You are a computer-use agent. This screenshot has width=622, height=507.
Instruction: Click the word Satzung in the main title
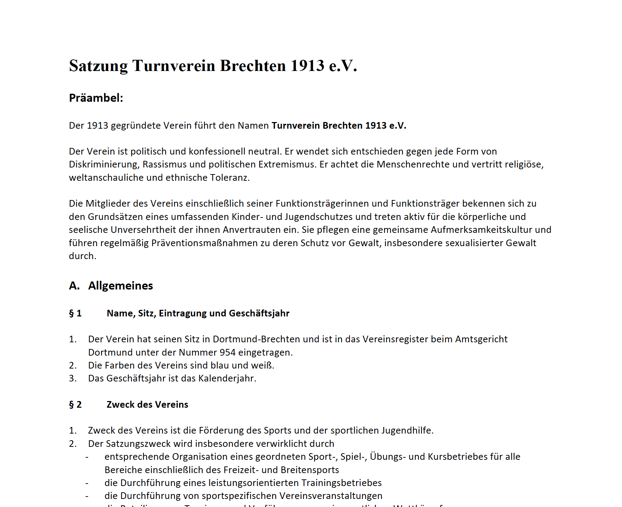pos(98,66)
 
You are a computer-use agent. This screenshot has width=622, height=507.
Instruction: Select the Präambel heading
pos(96,98)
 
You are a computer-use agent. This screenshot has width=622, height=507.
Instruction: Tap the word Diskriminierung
pos(103,164)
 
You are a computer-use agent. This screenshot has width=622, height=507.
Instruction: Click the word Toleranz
pos(229,178)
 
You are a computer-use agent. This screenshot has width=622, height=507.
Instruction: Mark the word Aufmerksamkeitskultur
pos(481,230)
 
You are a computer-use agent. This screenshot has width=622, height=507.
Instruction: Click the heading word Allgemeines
pos(121,286)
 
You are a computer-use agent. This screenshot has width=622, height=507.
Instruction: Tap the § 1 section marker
pos(75,313)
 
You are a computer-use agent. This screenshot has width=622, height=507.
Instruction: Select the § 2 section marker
pos(75,405)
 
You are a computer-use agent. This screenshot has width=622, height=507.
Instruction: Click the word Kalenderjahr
pos(227,378)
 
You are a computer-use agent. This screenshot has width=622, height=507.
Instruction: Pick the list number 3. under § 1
pos(73,378)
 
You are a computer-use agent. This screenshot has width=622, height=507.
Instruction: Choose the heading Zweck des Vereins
pos(147,405)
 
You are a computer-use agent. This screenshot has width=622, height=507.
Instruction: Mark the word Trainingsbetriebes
pos(341,483)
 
